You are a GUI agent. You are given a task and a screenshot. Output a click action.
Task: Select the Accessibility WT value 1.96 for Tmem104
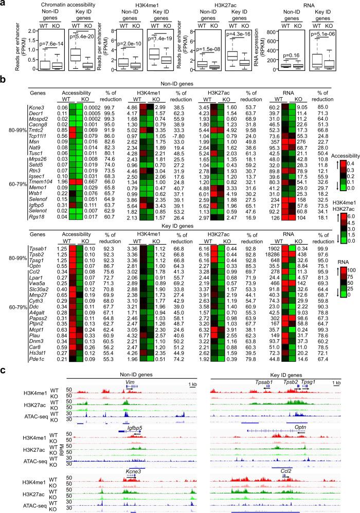point(60,181)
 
